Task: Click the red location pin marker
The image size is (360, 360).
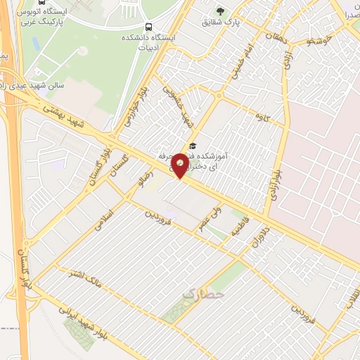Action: click(181, 165)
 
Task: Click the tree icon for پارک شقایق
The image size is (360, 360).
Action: click(221, 11)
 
